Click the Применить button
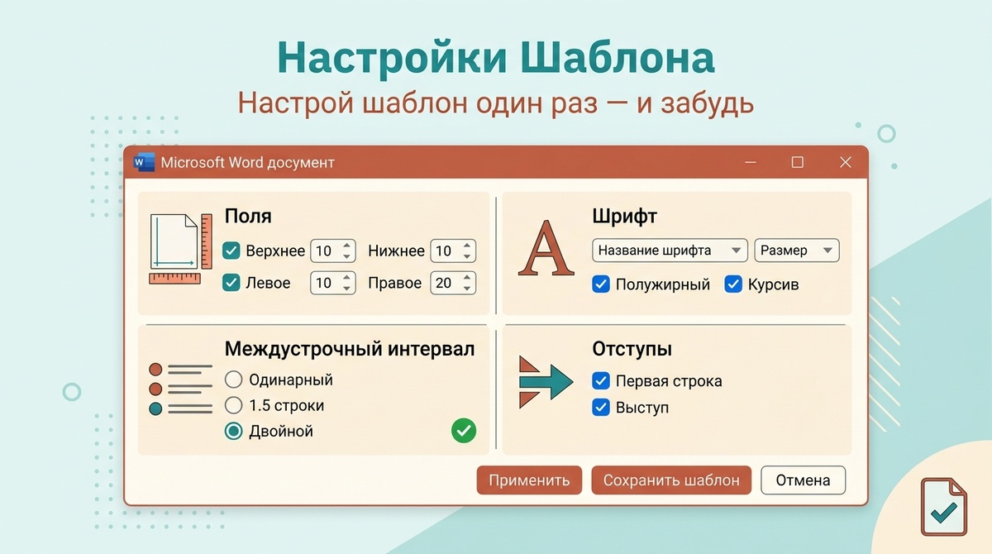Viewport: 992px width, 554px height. [529, 480]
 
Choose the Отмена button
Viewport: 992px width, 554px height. [803, 480]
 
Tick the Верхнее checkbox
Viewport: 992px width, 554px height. [231, 251]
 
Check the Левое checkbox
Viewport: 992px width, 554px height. [231, 283]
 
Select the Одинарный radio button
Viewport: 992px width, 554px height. [234, 380]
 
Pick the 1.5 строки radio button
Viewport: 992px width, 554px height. [234, 406]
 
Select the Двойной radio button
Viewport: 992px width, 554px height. [234, 431]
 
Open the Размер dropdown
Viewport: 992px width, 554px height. [796, 251]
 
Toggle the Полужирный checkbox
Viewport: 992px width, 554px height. [601, 284]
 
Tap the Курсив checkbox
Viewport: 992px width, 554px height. [733, 284]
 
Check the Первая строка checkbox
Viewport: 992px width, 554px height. [601, 381]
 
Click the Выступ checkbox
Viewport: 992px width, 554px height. [601, 408]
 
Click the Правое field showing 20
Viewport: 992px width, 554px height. [445, 283]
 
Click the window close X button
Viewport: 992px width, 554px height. [845, 162]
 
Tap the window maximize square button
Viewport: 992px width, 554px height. [797, 162]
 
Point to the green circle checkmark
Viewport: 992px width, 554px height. [464, 431]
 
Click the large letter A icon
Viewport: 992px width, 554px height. [546, 247]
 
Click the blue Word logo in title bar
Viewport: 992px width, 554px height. [144, 162]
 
